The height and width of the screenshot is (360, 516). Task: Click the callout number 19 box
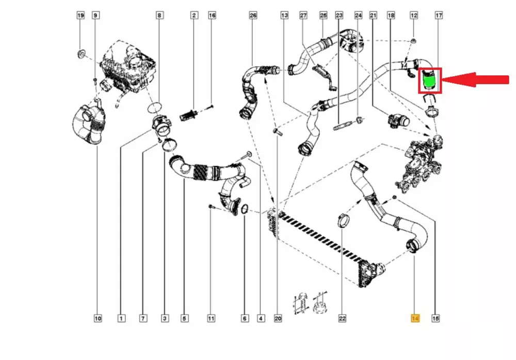(x=80, y=16)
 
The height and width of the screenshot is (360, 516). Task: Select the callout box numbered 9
(x=95, y=16)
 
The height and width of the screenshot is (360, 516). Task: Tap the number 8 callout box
(x=159, y=16)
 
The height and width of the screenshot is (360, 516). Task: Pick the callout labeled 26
(x=253, y=16)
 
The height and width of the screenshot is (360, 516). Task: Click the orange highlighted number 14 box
(x=415, y=319)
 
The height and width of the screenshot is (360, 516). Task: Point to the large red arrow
(x=475, y=80)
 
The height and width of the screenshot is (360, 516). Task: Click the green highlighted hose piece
(x=429, y=80)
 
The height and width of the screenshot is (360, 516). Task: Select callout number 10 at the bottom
(x=98, y=319)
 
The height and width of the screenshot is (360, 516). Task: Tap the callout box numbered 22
(x=342, y=319)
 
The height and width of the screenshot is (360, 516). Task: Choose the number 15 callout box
(x=435, y=319)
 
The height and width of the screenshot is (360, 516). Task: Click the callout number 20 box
(x=278, y=319)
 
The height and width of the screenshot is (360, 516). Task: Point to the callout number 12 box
(x=414, y=16)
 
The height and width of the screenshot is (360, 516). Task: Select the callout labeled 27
(x=303, y=16)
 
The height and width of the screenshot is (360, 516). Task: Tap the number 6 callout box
(x=245, y=319)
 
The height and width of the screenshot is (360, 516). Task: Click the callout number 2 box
(x=194, y=16)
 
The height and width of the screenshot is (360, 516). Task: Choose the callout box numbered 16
(x=212, y=16)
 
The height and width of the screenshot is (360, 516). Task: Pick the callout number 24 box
(x=358, y=16)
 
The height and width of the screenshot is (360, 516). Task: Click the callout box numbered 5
(x=184, y=319)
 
